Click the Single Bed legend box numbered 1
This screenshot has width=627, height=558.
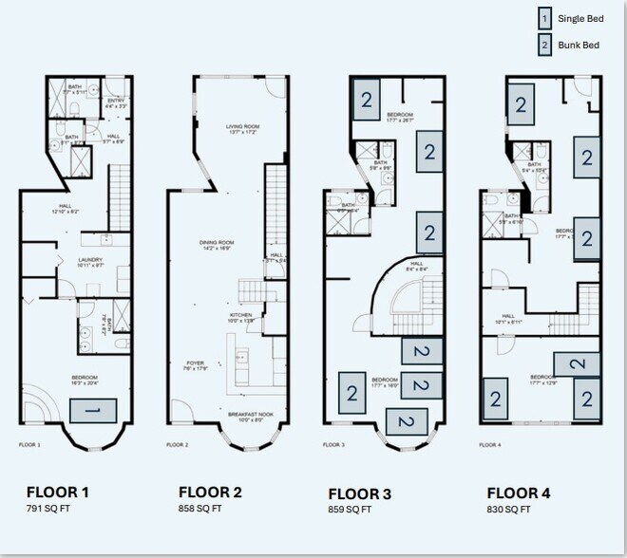coord(544,18)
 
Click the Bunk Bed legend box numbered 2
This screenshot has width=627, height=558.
coord(544,43)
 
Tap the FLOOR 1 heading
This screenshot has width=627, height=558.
coord(58,492)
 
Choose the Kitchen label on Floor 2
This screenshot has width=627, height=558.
coord(241,318)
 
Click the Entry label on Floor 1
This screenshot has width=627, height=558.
coord(116,102)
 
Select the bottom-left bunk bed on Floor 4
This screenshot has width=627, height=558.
coord(495,399)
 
